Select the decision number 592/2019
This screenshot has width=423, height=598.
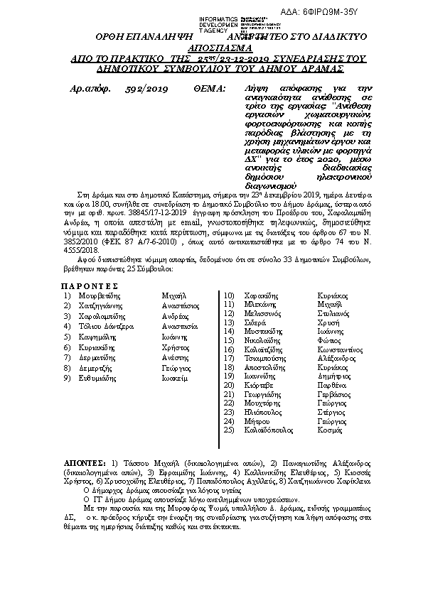146,89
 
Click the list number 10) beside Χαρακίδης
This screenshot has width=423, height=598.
229,294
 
